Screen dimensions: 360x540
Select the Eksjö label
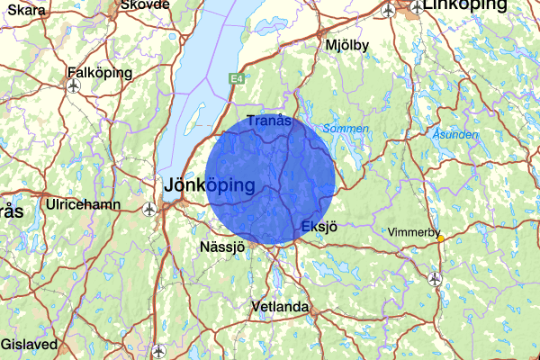point(319,226)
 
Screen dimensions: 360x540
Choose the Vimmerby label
point(413,232)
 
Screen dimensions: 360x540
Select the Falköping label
point(99,72)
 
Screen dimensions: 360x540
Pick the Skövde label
point(144,4)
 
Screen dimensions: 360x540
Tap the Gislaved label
point(29,345)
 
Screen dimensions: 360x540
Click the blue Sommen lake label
point(345,129)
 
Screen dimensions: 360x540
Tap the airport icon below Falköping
point(73,86)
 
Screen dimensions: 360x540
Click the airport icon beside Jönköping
point(150,209)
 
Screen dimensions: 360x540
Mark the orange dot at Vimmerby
point(440,238)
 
